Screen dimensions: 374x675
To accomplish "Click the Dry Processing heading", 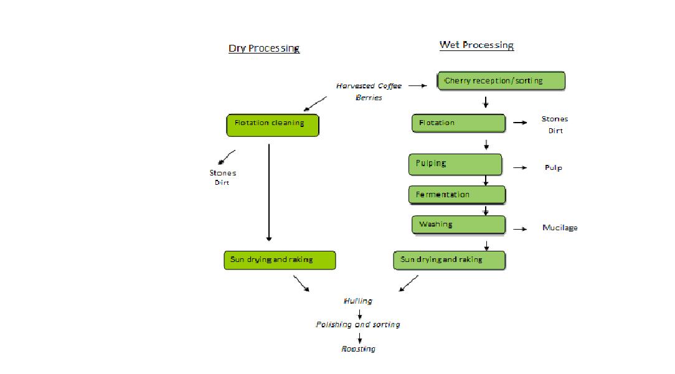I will click(x=264, y=49).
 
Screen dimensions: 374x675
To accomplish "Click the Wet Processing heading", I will click(x=476, y=45).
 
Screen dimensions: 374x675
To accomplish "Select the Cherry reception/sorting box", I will click(x=501, y=81).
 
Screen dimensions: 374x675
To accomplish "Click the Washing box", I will click(x=458, y=225).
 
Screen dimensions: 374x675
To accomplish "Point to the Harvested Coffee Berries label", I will click(x=369, y=91).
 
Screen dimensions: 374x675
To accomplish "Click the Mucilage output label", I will click(x=559, y=228).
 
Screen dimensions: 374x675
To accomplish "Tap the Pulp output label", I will click(x=553, y=168).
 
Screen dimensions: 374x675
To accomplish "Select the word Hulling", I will click(x=358, y=301).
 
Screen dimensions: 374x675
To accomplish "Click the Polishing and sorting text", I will click(x=358, y=325).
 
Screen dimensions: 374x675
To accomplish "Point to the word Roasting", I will click(x=359, y=349).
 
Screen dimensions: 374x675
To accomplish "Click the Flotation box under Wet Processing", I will click(x=458, y=123).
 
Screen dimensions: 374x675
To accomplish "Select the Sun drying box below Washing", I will click(x=449, y=260).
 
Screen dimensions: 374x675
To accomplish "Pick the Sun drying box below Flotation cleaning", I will click(x=280, y=260).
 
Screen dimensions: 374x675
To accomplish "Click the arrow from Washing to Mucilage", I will click(x=519, y=229).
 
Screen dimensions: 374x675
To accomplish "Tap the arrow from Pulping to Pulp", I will click(x=519, y=168).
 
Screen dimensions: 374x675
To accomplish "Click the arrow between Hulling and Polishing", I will click(x=360, y=314).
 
